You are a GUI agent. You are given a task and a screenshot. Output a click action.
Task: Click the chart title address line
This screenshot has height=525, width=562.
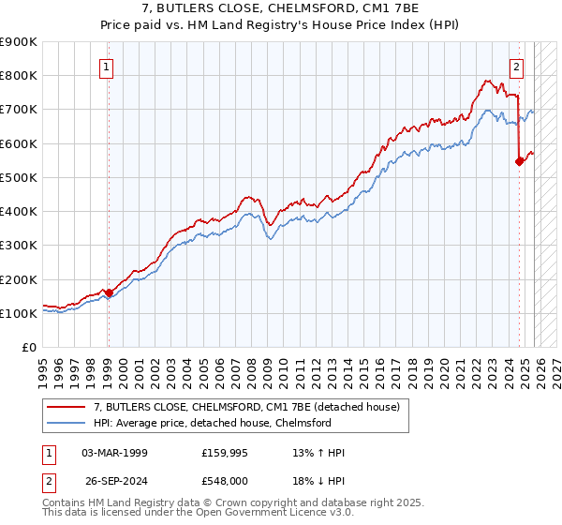coord(280,9)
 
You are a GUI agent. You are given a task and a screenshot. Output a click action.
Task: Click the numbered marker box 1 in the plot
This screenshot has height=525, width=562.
coord(108,67)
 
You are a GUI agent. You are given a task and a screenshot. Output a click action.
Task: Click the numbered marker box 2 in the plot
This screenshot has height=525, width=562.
coord(516,67)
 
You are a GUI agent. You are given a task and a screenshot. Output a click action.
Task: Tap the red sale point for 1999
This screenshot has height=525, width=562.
coord(109,292)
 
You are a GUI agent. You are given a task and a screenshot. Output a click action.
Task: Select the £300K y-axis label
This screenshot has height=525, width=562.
coord(19,246)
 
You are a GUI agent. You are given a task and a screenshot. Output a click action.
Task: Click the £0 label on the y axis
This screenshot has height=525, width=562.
coord(28,348)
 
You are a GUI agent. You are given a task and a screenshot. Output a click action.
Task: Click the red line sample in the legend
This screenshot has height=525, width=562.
coord(67,407)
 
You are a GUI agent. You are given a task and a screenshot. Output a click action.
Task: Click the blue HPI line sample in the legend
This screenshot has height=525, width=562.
coord(67,423)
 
